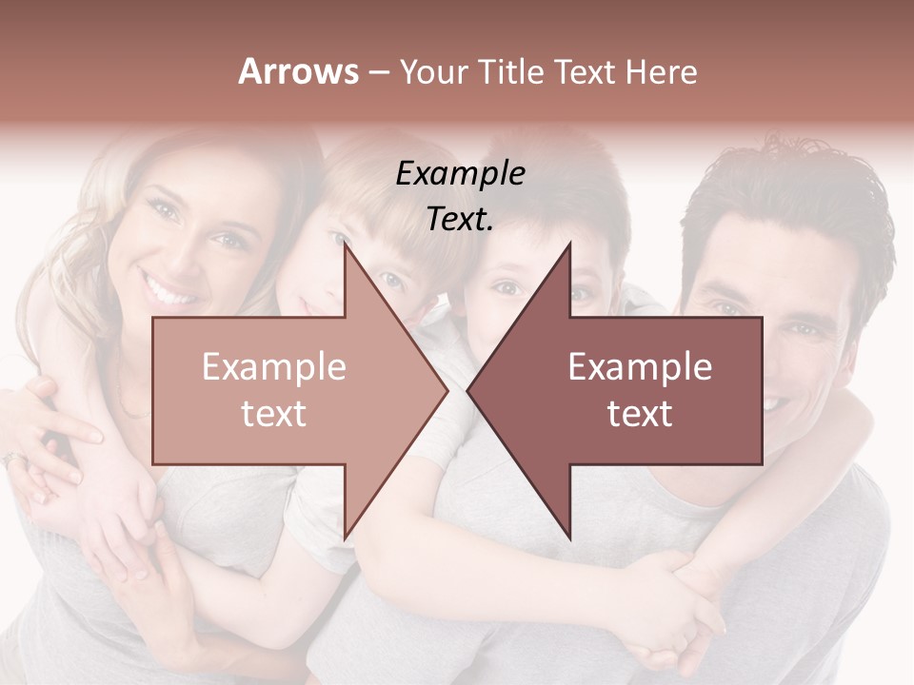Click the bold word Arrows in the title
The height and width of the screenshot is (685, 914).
[x=299, y=71]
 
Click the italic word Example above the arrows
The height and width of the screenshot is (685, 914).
[x=460, y=174]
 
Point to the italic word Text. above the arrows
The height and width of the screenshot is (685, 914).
[x=460, y=220]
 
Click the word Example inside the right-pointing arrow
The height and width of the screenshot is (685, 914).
[x=273, y=367]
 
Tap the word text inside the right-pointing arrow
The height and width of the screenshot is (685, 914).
[x=273, y=414]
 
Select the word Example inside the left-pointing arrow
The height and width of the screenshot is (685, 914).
[x=640, y=367]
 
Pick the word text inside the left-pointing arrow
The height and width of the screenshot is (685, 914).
[x=640, y=414]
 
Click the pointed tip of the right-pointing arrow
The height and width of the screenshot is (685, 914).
[x=447, y=391]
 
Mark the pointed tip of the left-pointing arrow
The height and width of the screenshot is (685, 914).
[x=468, y=391]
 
